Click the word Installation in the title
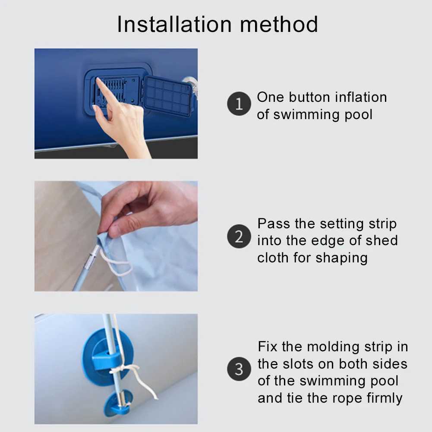click(x=174, y=24)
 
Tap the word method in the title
click(x=279, y=24)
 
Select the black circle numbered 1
click(x=239, y=104)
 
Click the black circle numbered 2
click(x=239, y=236)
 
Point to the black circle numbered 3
click(x=239, y=369)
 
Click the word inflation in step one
click(x=361, y=97)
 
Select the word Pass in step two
click(x=273, y=224)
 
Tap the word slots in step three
click(x=298, y=364)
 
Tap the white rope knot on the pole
click(x=119, y=369)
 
